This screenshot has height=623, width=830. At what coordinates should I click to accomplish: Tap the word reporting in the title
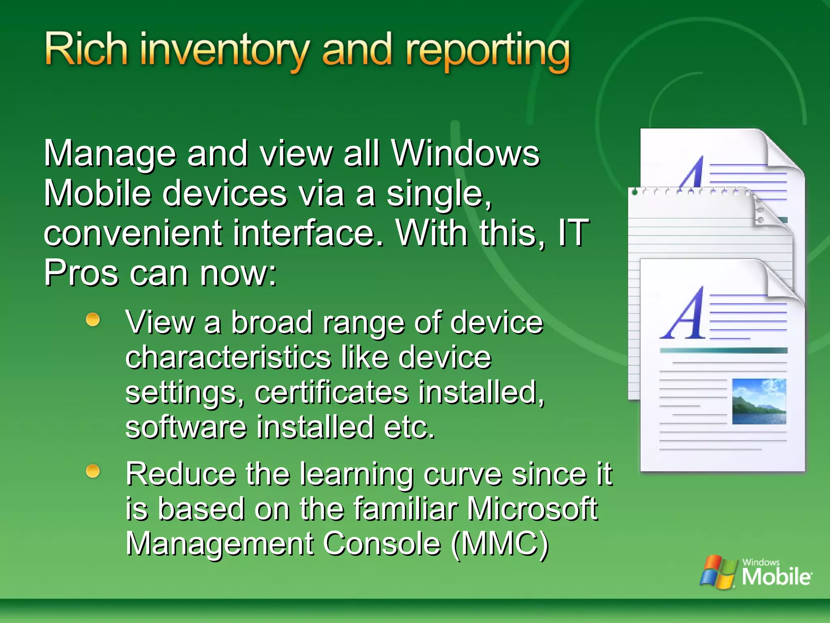(x=488, y=52)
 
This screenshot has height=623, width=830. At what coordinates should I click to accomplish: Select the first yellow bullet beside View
(x=93, y=320)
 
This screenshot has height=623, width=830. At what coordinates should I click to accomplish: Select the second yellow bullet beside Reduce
(x=93, y=471)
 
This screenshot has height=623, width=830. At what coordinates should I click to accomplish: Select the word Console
(x=382, y=544)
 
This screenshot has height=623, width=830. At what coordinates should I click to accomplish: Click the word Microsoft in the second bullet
(x=532, y=509)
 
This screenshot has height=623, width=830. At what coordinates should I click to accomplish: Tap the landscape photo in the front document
(x=759, y=401)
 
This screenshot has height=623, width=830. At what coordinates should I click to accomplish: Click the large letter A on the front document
(x=684, y=314)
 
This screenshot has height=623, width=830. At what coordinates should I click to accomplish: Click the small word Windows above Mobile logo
(x=761, y=562)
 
